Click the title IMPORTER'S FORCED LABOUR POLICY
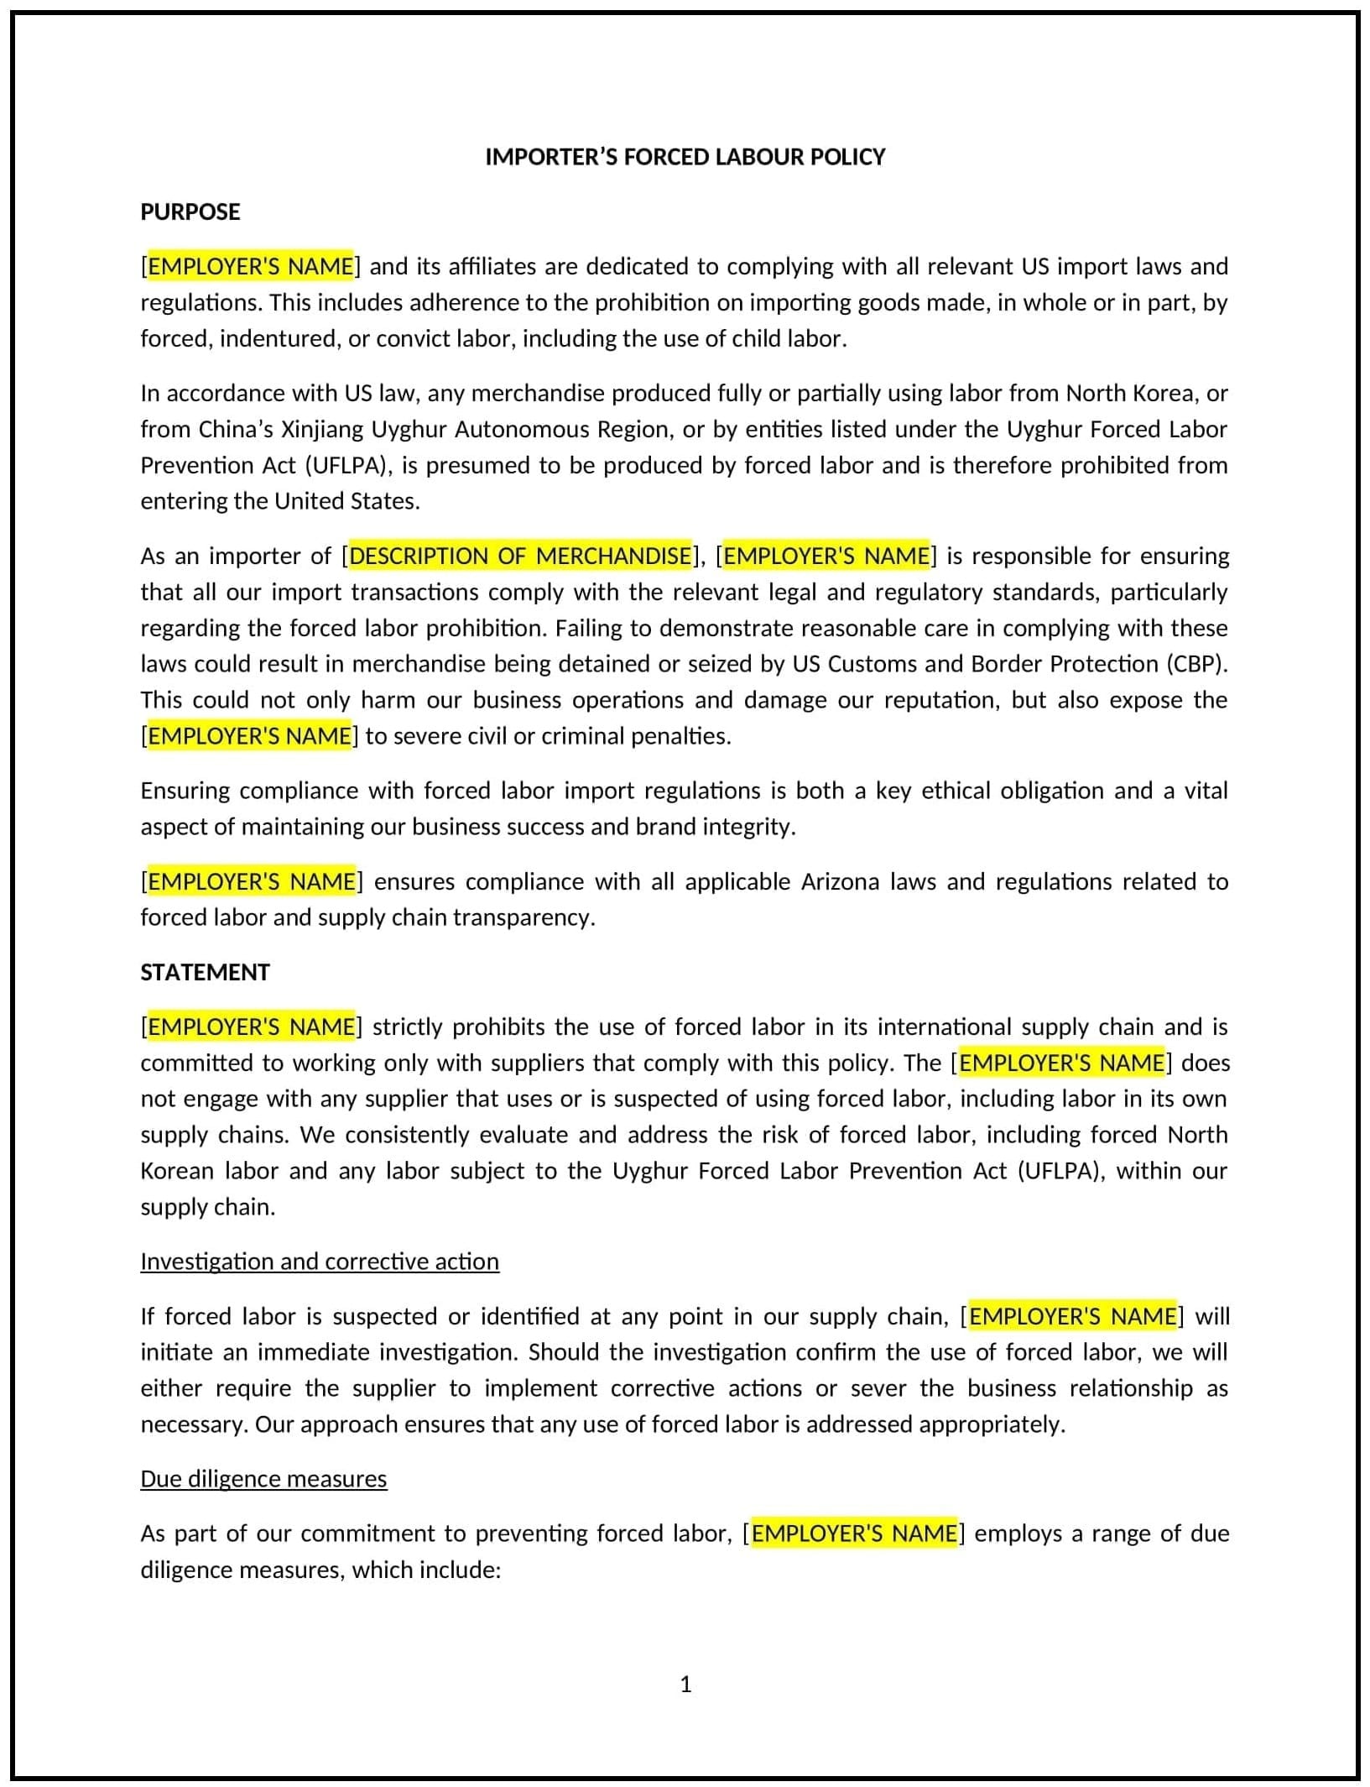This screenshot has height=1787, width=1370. click(x=685, y=157)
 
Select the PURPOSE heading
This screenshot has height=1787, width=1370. click(x=190, y=212)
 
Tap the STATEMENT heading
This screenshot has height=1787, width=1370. click(x=205, y=972)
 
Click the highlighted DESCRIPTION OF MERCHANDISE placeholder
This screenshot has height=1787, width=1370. click(x=520, y=556)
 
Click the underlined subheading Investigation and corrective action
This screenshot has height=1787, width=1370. click(x=320, y=1262)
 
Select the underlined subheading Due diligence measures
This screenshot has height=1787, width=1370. click(x=263, y=1478)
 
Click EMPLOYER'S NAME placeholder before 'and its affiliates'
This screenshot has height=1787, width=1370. click(x=251, y=266)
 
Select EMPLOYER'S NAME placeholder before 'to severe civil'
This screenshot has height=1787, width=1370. click(x=249, y=735)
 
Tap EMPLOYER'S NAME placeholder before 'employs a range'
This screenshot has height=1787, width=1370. click(x=854, y=1534)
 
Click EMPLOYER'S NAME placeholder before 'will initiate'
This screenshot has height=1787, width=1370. click(x=1072, y=1316)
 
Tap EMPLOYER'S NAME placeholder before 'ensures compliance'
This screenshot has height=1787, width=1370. click(x=251, y=881)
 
